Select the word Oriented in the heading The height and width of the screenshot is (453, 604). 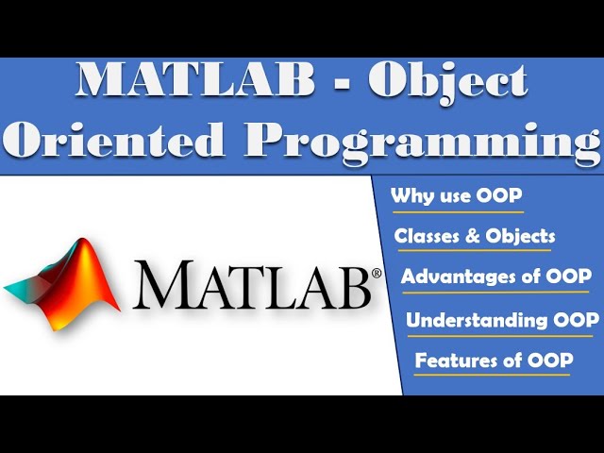click(x=114, y=140)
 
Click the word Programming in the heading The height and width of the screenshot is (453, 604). click(x=424, y=142)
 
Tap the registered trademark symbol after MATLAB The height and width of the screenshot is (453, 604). click(x=377, y=275)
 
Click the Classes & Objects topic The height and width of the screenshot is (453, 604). click(x=475, y=236)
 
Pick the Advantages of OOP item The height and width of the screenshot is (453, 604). click(x=496, y=277)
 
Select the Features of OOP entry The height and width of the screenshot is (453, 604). click(x=494, y=360)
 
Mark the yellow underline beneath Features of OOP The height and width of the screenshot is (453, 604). click(x=492, y=375)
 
